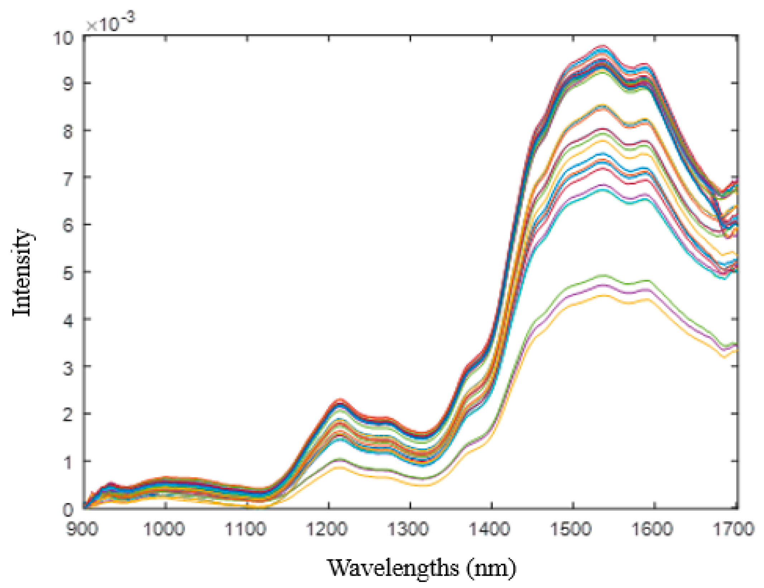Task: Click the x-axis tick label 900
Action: pyautogui.click(x=82, y=529)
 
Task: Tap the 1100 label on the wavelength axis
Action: pyautogui.click(x=245, y=529)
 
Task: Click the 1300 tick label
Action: pyautogui.click(x=408, y=529)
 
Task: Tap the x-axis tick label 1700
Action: pyautogui.click(x=734, y=529)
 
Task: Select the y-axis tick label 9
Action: pyautogui.click(x=68, y=84)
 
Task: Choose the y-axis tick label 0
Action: pyautogui.click(x=68, y=509)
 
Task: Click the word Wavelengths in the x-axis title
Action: pyautogui.click(x=393, y=568)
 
